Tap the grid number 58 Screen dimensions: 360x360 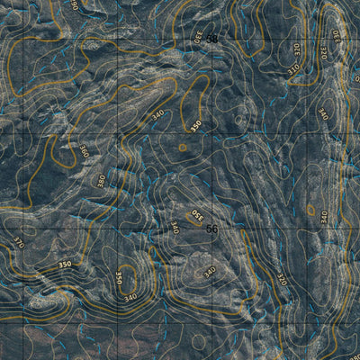[211, 39]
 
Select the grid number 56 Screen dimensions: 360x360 [211, 229]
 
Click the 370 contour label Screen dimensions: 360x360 [17, 242]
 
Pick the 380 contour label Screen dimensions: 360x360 [100, 180]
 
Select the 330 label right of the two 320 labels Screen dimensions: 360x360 [338, 38]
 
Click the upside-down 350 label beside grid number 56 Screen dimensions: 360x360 [195, 216]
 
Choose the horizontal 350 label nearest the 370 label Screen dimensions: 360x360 [64, 265]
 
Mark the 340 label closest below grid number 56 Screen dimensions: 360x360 [210, 271]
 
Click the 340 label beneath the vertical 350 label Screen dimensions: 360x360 [131, 297]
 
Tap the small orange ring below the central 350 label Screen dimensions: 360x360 [183, 148]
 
